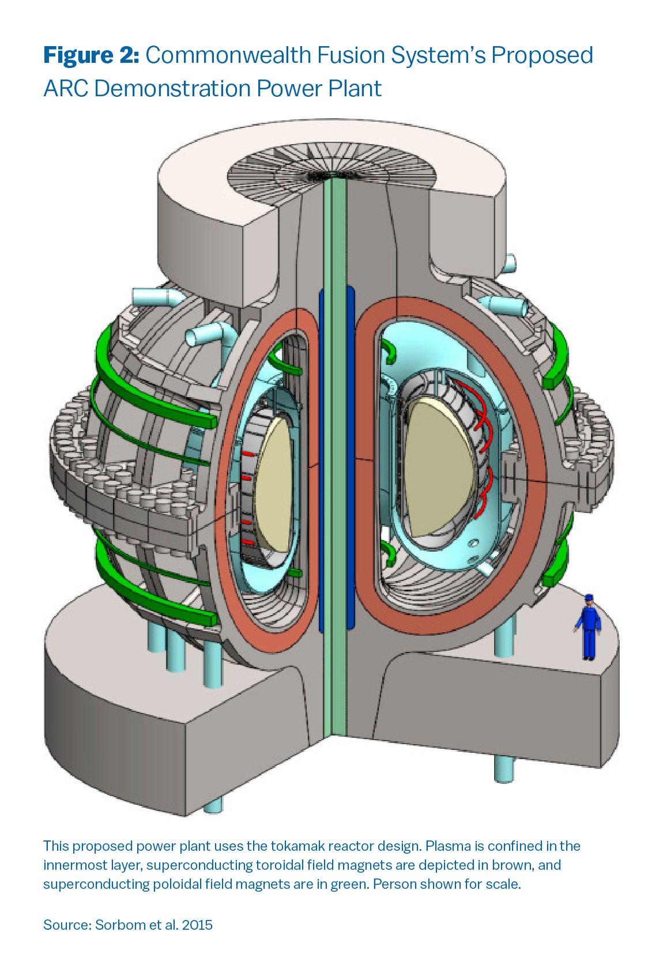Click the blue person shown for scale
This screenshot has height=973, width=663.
(588, 627)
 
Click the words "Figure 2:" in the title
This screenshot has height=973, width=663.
(91, 55)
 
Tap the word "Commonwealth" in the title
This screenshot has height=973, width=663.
(228, 55)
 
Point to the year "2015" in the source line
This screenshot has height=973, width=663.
(197, 925)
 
